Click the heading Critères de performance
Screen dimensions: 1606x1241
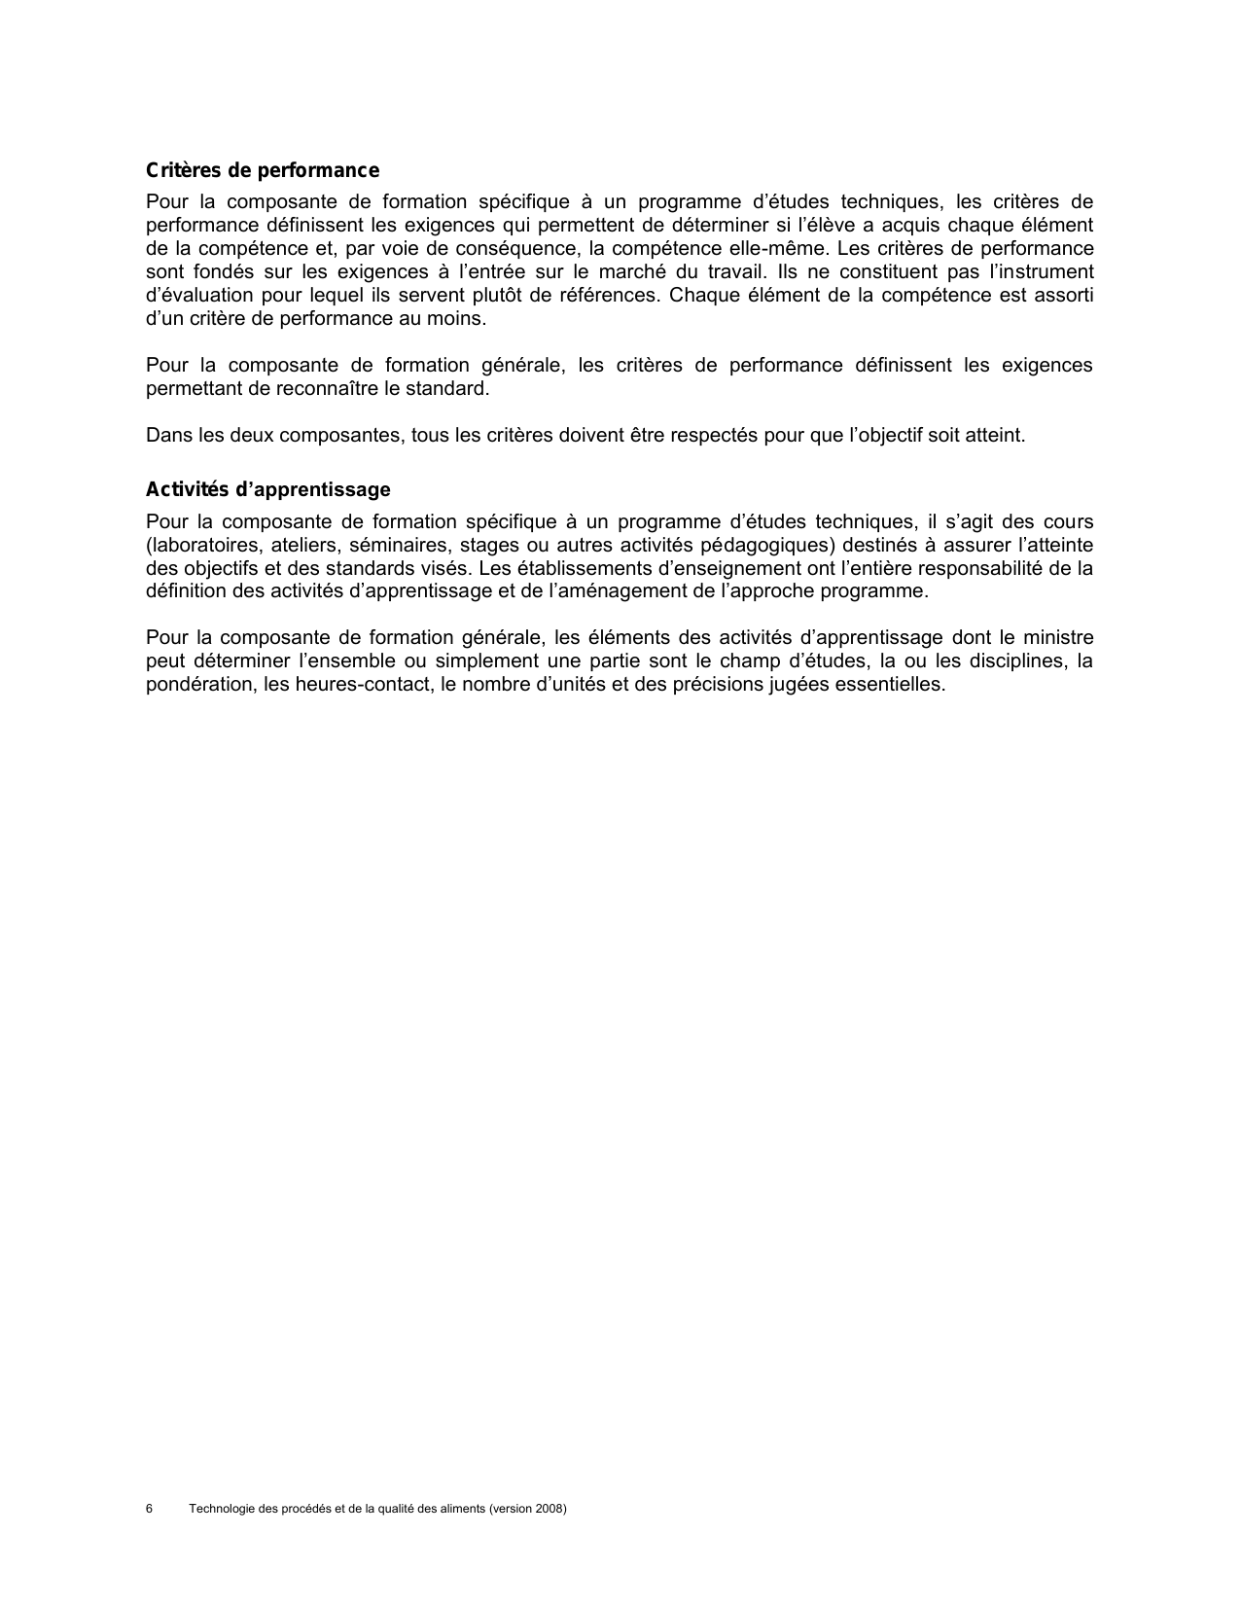pos(262,171)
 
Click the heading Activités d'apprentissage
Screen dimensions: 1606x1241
pos(267,489)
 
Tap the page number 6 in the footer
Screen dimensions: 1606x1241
pos(149,1509)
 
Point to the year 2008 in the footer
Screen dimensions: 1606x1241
pos(549,1509)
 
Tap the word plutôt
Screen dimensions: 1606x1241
pos(497,296)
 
